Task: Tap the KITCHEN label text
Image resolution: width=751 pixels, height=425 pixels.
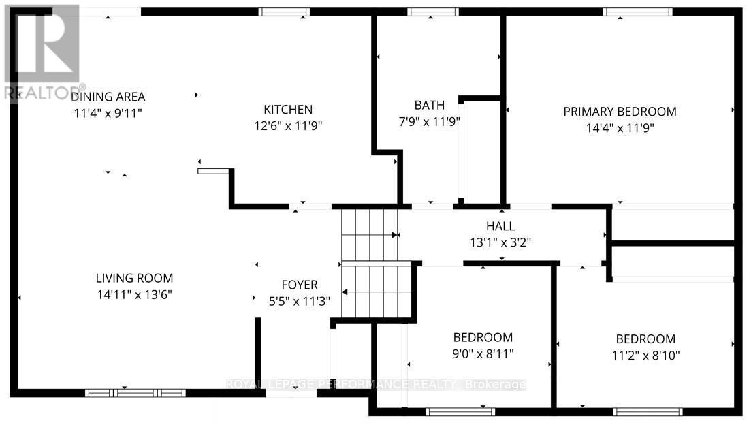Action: point(288,109)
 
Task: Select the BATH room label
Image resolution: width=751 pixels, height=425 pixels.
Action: point(429,105)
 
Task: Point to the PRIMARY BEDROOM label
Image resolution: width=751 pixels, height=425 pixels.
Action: point(620,112)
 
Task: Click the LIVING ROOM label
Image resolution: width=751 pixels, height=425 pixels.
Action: point(134,278)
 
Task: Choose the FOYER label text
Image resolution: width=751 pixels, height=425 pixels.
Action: point(300,285)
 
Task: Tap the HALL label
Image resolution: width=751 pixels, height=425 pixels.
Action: point(500,226)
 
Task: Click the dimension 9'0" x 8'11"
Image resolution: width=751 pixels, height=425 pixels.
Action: point(483,353)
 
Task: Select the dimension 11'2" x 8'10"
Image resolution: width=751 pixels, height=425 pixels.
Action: point(645,355)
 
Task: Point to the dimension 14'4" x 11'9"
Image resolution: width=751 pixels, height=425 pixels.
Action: point(620,127)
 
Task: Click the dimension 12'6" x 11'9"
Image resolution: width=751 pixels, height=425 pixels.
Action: point(288,125)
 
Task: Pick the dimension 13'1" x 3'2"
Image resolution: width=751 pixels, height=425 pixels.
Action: point(500,242)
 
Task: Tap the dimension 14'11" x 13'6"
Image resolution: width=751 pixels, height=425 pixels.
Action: point(134,294)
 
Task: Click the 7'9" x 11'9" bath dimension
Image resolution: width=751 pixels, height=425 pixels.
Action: point(429,122)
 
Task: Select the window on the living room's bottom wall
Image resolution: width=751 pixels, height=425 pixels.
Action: point(135,393)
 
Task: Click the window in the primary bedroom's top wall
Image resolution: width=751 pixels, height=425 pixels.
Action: point(637,12)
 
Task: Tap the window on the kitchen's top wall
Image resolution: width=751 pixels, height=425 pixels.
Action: point(284,12)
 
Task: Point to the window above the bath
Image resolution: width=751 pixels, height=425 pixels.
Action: point(433,12)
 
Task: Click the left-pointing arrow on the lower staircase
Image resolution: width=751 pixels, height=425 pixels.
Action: point(345,292)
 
